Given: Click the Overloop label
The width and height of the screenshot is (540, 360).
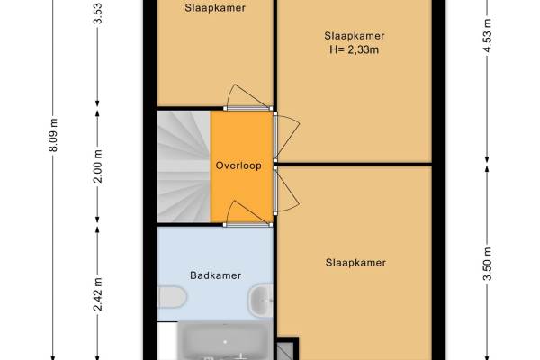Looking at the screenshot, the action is click(x=238, y=166).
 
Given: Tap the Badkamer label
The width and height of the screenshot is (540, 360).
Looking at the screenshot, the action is click(x=216, y=275).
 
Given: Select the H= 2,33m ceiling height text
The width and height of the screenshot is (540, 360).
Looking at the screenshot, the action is click(x=354, y=50).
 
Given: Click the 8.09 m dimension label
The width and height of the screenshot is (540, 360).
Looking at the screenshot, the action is click(x=53, y=135).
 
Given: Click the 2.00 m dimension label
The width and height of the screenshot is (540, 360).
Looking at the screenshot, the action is click(x=98, y=166).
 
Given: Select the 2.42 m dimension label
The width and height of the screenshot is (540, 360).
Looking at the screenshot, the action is click(x=98, y=294).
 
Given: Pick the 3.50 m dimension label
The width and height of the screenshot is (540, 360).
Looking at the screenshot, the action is click(x=487, y=265).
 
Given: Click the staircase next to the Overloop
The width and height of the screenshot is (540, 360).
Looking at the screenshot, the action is click(x=184, y=166).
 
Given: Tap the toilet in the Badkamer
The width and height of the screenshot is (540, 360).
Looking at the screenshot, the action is click(x=172, y=297).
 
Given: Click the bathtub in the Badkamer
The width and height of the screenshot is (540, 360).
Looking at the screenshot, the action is click(x=225, y=341).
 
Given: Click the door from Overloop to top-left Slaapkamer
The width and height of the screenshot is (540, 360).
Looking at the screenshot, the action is click(x=247, y=97).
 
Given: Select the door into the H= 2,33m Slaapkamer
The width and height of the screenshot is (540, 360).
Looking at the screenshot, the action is click(x=286, y=138).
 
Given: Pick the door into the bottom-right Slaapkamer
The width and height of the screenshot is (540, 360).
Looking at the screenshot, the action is click(x=286, y=192).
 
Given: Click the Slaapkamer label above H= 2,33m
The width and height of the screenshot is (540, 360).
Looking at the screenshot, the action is click(x=355, y=36).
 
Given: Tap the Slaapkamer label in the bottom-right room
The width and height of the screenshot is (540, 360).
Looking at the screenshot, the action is click(x=355, y=263).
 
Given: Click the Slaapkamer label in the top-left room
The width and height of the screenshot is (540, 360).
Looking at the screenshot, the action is click(x=215, y=8).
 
